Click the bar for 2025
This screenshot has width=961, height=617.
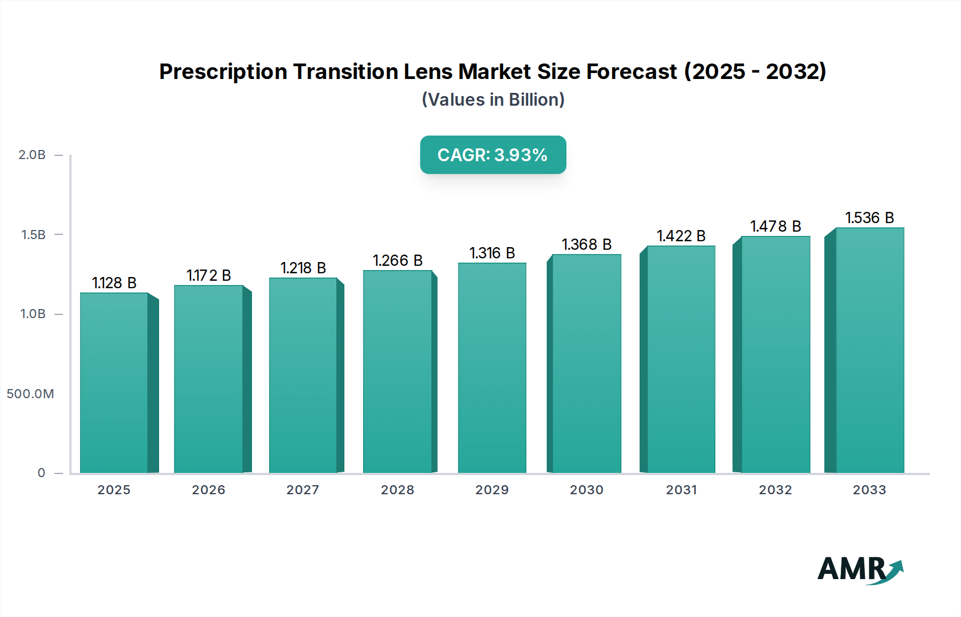coord(114,383)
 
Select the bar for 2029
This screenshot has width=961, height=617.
coord(492,368)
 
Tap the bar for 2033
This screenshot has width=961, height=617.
coord(869,350)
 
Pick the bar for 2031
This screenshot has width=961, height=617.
coord(681,359)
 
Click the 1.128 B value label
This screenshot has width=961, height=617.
coord(114,283)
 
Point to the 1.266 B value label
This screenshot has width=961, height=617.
coord(398,260)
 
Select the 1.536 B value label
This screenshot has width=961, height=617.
coord(869,218)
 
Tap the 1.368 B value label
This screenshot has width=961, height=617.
coord(586,244)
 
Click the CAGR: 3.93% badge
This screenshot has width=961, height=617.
coord(493,155)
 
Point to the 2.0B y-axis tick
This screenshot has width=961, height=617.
coord(32,155)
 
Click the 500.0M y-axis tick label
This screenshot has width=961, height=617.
coord(30,394)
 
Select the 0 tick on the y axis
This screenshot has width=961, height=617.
coord(41,473)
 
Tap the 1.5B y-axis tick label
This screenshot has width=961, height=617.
coord(33,235)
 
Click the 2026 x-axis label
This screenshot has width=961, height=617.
coord(208,490)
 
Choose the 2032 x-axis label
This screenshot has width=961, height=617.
coord(775,490)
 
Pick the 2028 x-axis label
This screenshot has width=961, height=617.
coord(397,490)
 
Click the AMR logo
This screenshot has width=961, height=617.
coord(860,569)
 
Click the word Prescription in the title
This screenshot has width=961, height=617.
coord(223,72)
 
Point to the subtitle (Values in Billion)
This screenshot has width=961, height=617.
coord(493,100)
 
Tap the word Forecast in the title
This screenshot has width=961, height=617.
coord(632,72)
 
